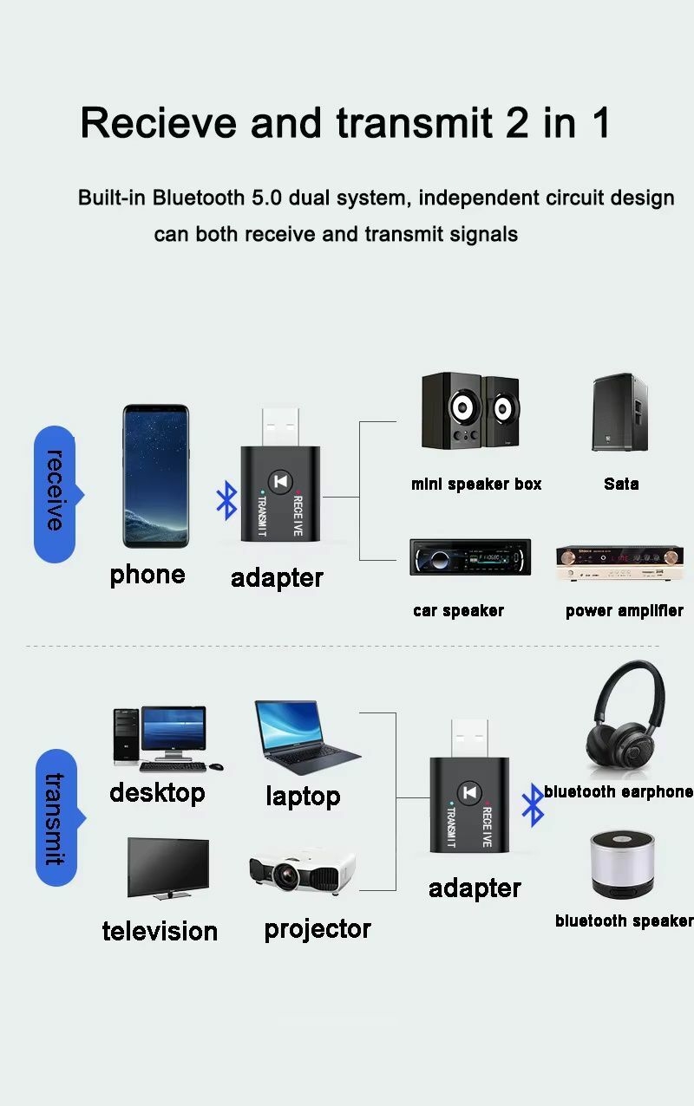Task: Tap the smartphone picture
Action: coord(155,476)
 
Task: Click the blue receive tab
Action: coord(55,494)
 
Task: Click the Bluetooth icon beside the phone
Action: coord(226,502)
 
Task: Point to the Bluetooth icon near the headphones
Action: coord(532,805)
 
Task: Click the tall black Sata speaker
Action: coord(620,413)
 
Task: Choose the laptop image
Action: coord(304,737)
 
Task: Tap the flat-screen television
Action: coord(168,867)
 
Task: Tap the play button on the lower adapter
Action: coord(469,796)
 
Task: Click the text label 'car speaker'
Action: coord(458,611)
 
